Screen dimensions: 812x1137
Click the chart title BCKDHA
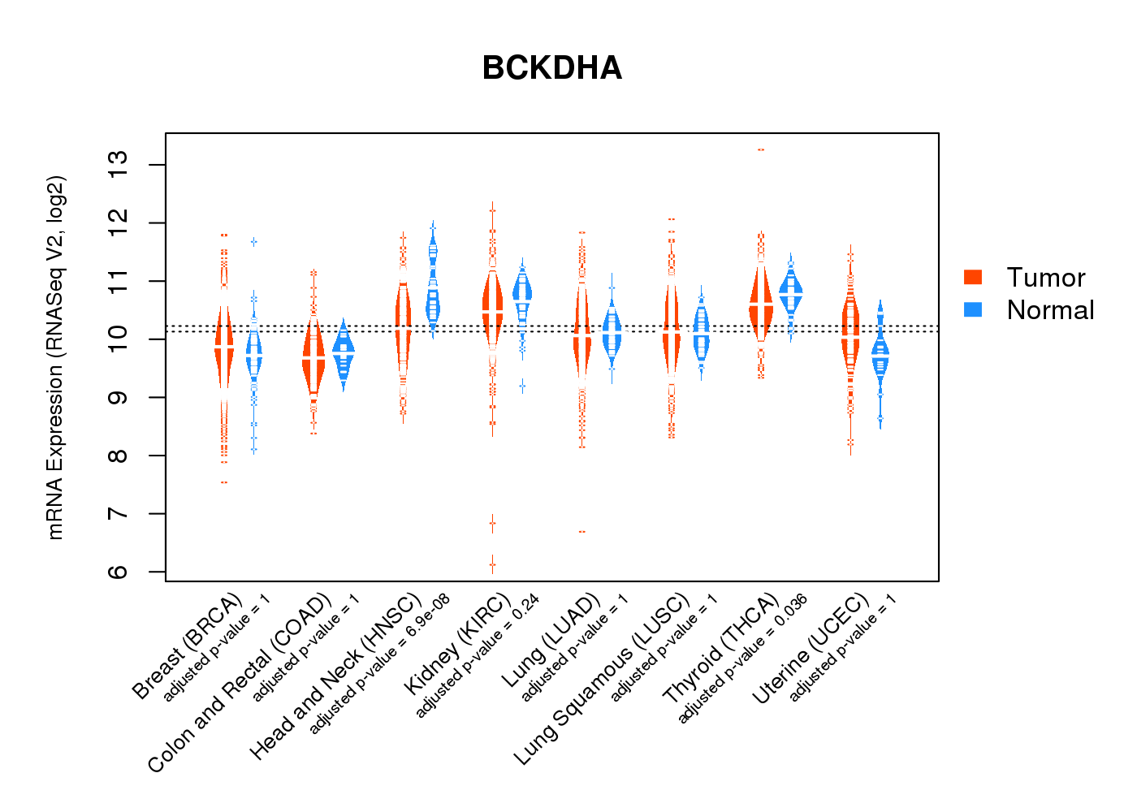(x=551, y=68)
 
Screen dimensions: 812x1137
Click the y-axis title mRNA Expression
(x=55, y=357)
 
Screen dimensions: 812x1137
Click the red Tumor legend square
(x=973, y=277)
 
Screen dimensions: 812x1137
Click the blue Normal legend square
(x=973, y=309)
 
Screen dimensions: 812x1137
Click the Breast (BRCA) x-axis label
(x=188, y=646)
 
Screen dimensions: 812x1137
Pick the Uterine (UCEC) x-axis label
(x=811, y=651)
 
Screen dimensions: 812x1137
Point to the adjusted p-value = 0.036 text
(x=742, y=659)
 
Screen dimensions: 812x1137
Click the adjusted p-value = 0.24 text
(x=478, y=658)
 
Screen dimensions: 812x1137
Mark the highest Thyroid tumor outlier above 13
(x=761, y=149)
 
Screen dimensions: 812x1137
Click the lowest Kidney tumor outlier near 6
(x=492, y=564)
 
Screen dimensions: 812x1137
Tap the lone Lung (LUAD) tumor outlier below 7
(x=581, y=532)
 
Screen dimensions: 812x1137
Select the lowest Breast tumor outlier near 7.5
(x=223, y=482)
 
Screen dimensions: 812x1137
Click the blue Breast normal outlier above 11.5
(x=253, y=242)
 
